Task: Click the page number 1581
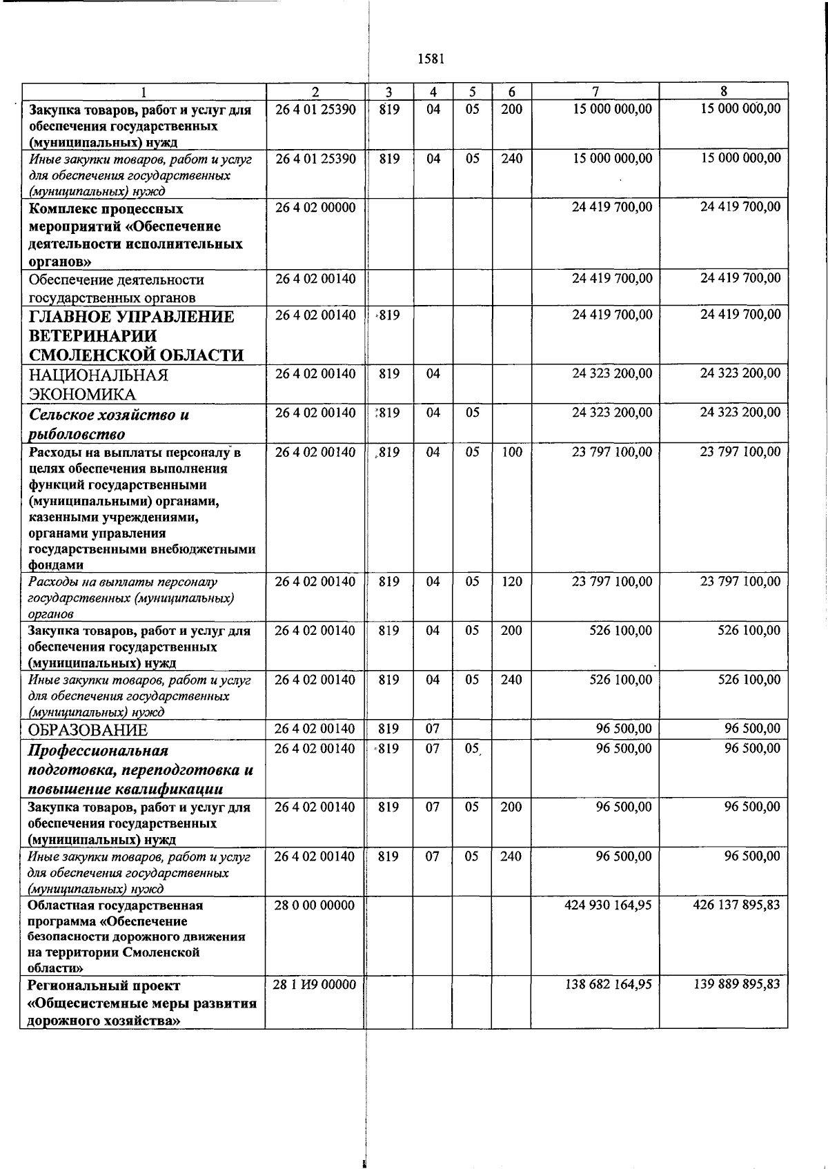click(431, 59)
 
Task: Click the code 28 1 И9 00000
click(315, 985)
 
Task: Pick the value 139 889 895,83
click(736, 985)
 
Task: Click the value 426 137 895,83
click(736, 905)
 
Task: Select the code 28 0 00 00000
click(315, 905)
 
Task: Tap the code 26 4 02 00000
click(315, 208)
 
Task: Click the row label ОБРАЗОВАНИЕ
click(88, 730)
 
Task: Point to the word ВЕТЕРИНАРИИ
click(92, 336)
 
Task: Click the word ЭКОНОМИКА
click(82, 395)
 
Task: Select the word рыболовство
click(77, 434)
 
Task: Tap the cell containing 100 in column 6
click(511, 453)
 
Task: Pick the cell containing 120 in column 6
click(511, 582)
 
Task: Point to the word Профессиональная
click(97, 751)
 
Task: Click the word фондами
click(56, 565)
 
